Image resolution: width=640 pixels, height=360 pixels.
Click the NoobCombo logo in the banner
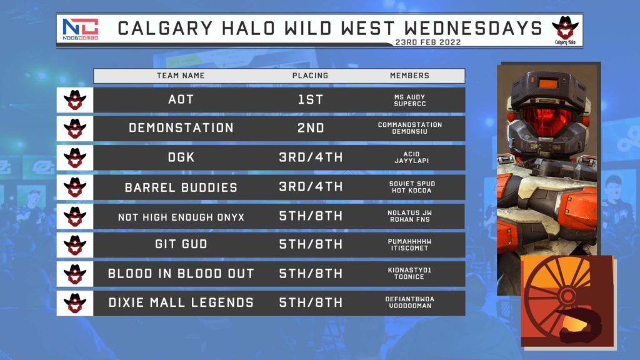pos(81,29)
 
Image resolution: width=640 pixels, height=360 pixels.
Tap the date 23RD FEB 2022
pos(428,42)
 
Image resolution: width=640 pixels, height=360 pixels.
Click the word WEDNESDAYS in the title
pos(474,29)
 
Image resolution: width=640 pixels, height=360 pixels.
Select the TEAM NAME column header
pos(181,76)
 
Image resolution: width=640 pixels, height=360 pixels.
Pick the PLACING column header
pos(310,76)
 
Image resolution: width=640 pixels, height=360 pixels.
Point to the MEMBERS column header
pos(409,76)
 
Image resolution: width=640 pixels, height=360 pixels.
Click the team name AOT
pos(181,99)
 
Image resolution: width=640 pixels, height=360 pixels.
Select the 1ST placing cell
pos(311,99)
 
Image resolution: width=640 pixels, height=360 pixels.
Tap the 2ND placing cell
pos(311,127)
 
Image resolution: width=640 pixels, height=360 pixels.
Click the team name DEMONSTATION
pos(181,127)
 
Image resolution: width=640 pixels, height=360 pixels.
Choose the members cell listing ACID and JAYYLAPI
pos(411,157)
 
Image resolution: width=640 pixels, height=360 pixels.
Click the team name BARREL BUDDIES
pos(181,187)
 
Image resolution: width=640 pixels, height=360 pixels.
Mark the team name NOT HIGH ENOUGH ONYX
pos(181,217)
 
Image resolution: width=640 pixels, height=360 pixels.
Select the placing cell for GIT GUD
pos(311,244)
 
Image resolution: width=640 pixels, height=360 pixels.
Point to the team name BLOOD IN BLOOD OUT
pos(181,274)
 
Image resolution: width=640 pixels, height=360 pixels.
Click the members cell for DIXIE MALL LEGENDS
pos(410,302)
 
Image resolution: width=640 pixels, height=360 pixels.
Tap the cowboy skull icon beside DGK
pos(75,157)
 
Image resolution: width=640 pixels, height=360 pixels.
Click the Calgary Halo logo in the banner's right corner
pos(565,30)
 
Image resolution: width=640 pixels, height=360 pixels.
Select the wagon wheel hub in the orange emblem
pos(566,296)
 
